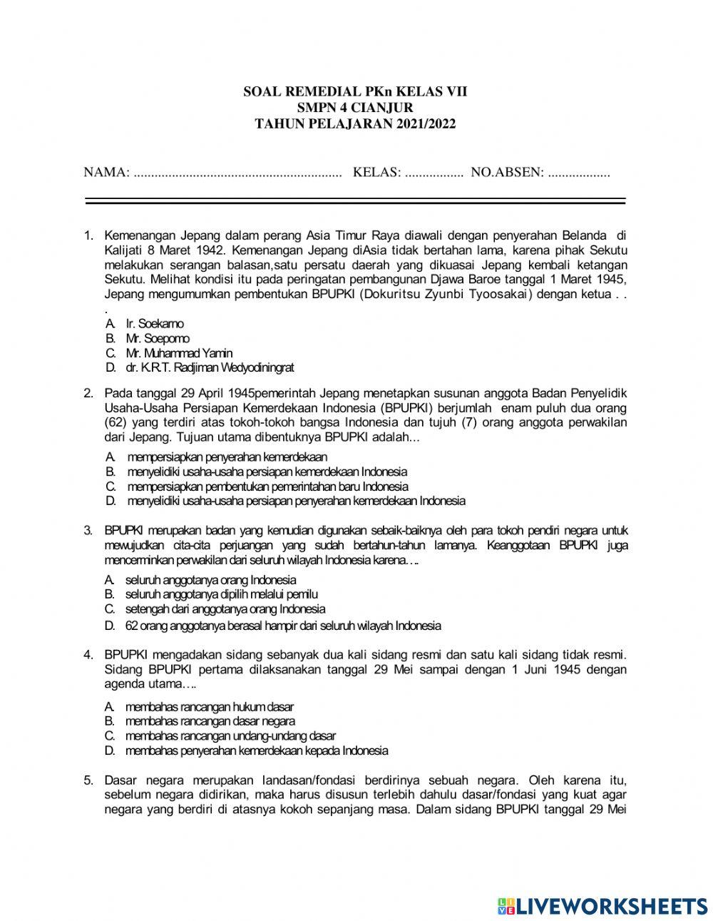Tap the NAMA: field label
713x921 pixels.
[x=106, y=173]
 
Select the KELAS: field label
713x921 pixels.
[x=377, y=173]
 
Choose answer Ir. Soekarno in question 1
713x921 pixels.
[x=154, y=324]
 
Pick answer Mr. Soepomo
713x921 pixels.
[x=158, y=338]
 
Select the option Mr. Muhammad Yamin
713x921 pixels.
[x=178, y=353]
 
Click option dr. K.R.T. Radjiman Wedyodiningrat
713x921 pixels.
[x=210, y=368]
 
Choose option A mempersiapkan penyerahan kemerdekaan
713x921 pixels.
[x=227, y=457]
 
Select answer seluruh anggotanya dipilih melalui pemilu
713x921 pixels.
[x=221, y=594]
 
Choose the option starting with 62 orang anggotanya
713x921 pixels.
[x=282, y=626]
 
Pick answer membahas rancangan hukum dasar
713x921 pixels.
[x=209, y=706]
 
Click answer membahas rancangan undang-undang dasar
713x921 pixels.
[x=230, y=736]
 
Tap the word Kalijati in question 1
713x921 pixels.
[x=124, y=250]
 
